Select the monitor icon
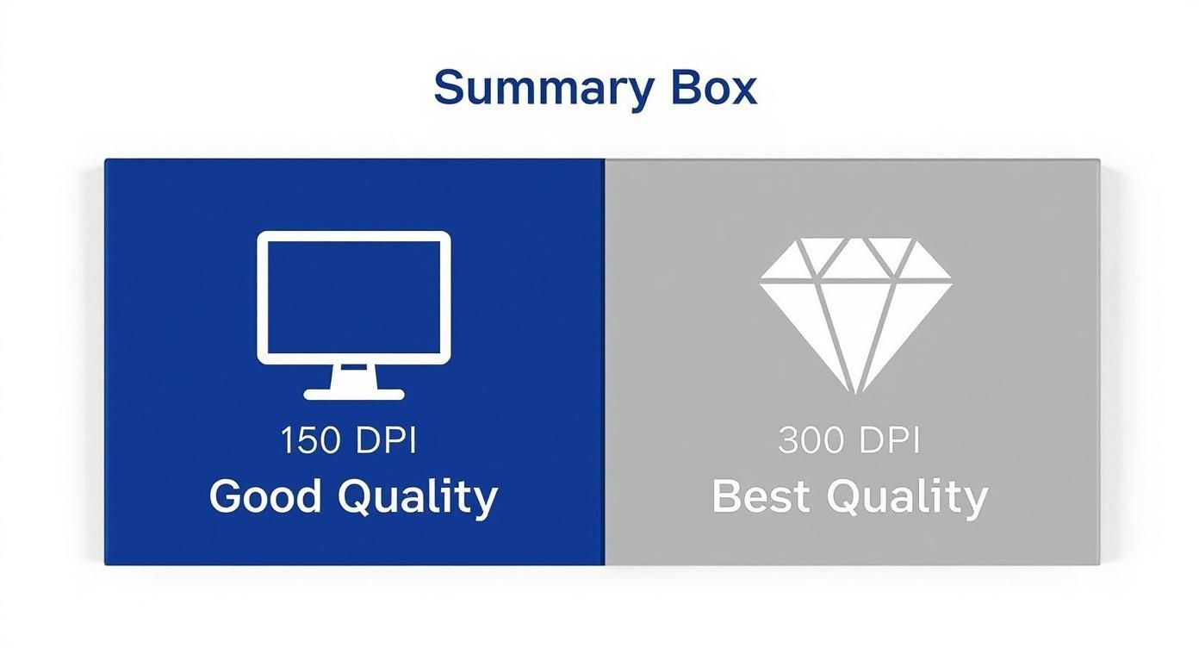click(354, 315)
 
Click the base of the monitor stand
click(354, 395)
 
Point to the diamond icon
click(855, 316)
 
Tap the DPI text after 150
click(386, 440)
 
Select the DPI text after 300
click(890, 440)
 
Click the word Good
click(265, 496)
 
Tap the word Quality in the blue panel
click(418, 499)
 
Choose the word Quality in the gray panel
click(908, 499)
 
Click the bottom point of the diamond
click(856, 394)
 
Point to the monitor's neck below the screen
click(354, 377)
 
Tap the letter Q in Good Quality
click(356, 497)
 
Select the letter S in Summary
click(450, 87)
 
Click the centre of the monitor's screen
click(354, 297)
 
